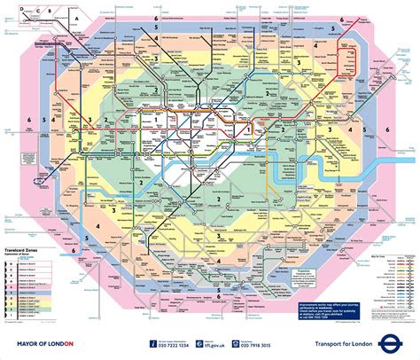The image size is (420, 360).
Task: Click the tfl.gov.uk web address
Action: (x=207, y=343)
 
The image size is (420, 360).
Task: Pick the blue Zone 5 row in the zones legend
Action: (x=27, y=297)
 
